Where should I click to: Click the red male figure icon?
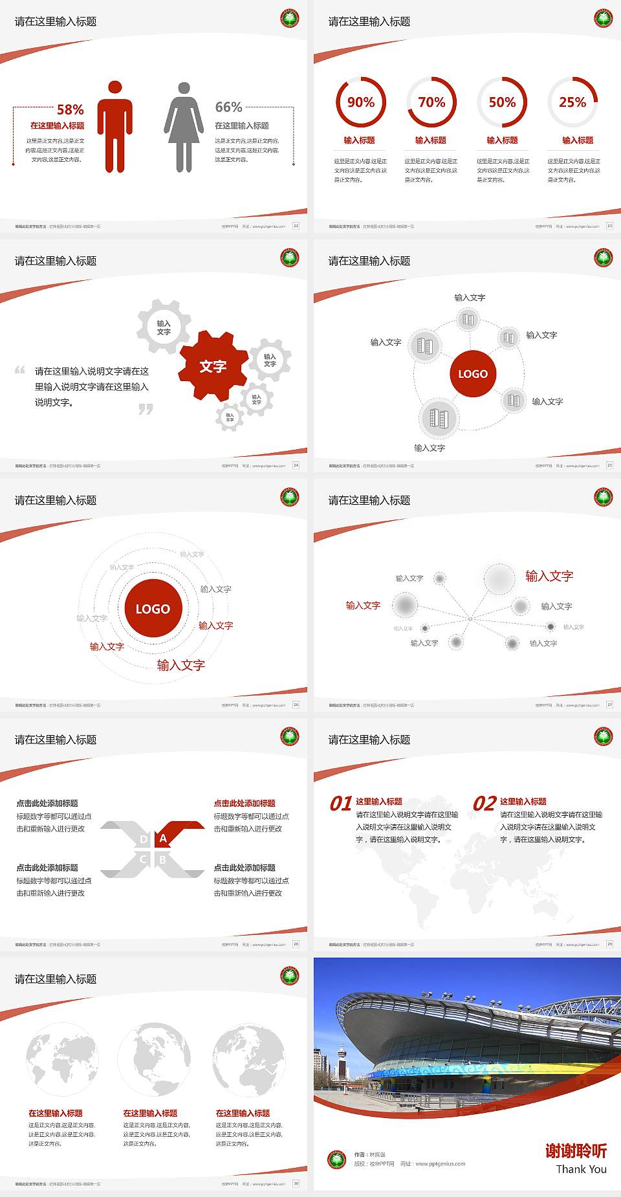click(115, 127)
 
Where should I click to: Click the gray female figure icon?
click(184, 127)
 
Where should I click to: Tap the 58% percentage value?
click(70, 109)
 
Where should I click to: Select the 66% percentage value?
click(228, 107)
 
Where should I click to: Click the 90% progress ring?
click(360, 102)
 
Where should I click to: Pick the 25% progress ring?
click(572, 102)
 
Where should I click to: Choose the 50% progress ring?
click(502, 102)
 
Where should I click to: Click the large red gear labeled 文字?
click(213, 366)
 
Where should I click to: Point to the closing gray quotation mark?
click(146, 409)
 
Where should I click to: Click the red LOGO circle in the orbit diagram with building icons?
click(473, 373)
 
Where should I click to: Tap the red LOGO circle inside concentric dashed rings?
click(153, 608)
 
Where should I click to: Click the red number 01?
click(341, 804)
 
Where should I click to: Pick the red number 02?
click(485, 804)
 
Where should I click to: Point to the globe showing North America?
click(154, 1060)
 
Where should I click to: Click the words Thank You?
click(581, 1169)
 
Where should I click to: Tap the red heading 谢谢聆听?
click(576, 1150)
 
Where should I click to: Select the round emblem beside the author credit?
click(336, 1159)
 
